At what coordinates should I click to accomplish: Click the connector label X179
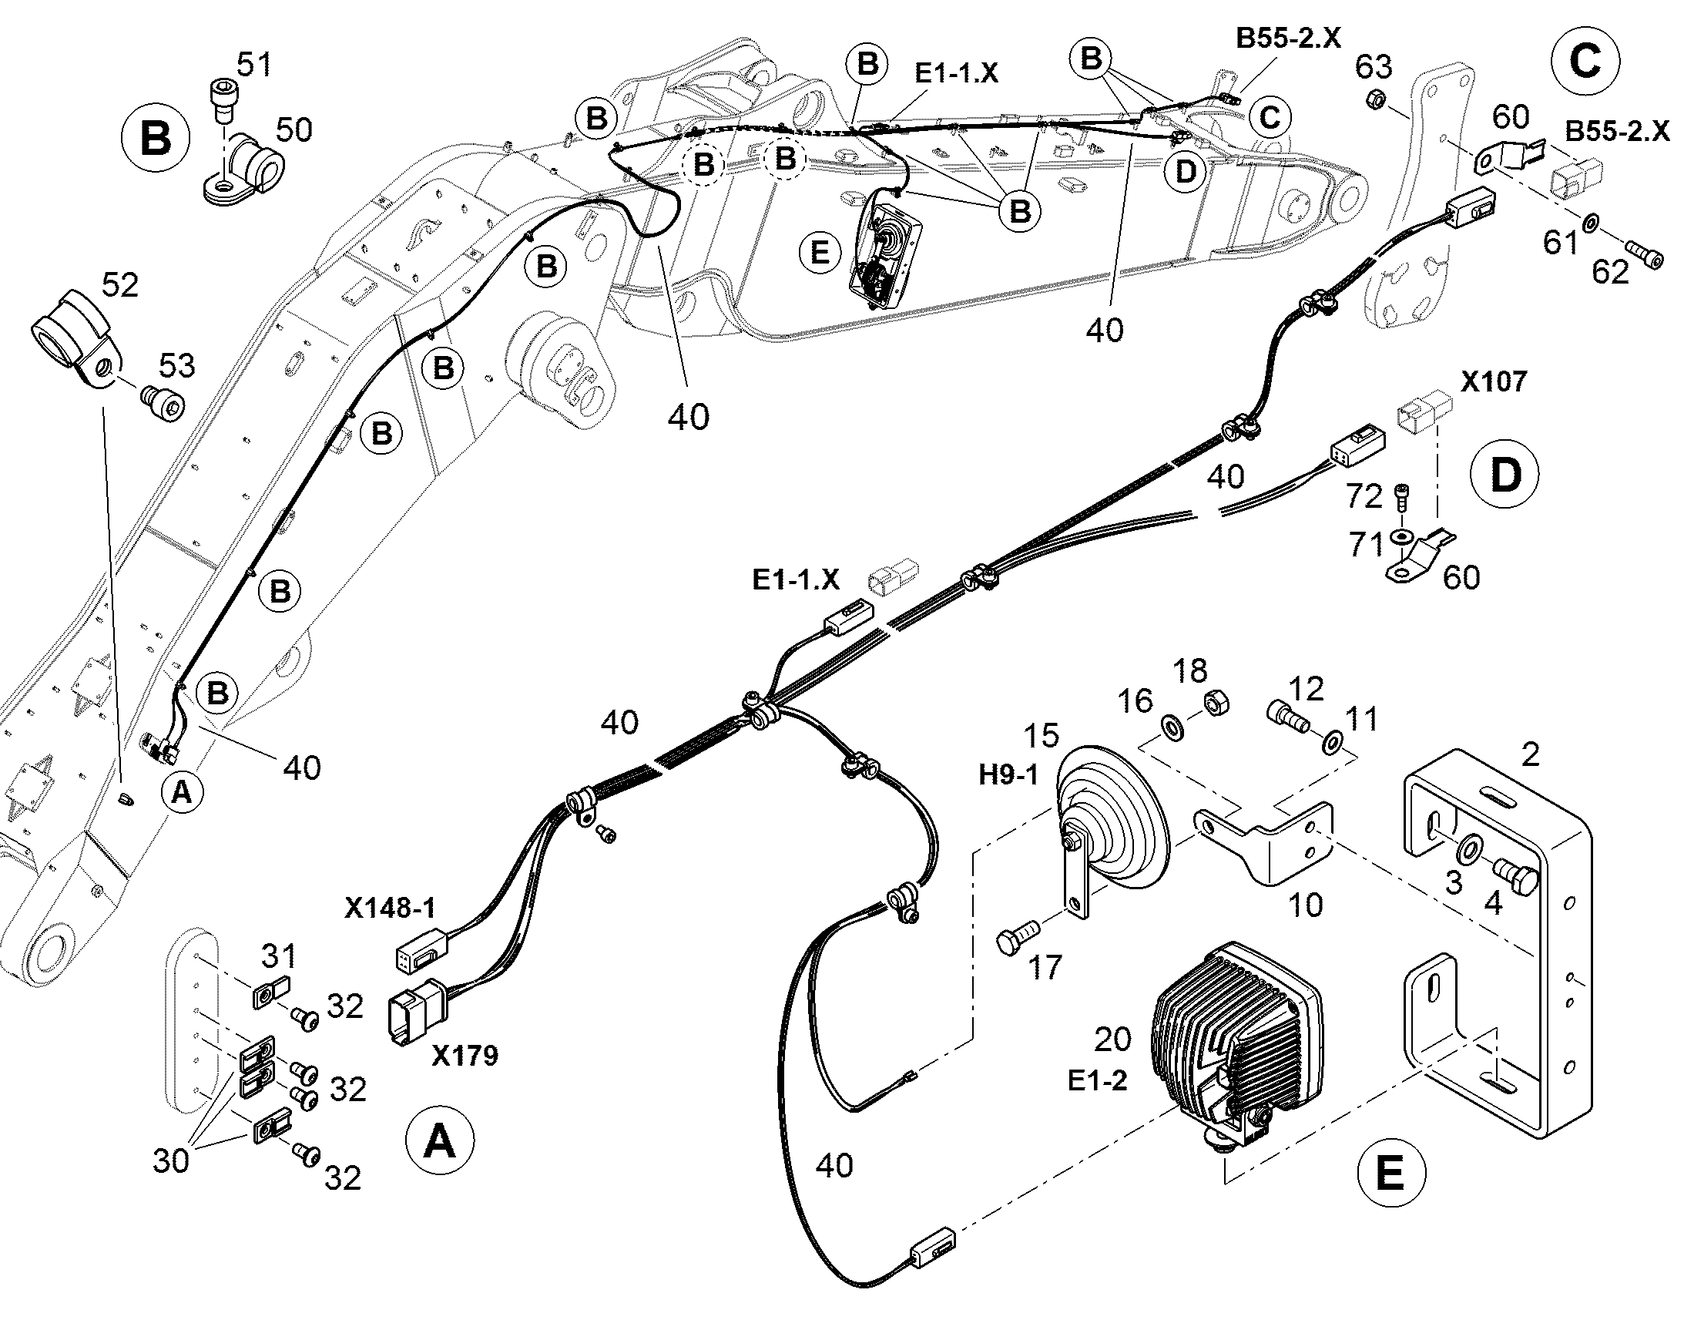click(465, 1055)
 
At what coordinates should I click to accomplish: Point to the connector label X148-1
click(389, 908)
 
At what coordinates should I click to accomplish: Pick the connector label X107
click(1493, 381)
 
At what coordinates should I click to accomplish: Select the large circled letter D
click(1505, 475)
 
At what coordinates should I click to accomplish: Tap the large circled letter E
click(1390, 1174)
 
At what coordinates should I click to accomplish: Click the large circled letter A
click(441, 1140)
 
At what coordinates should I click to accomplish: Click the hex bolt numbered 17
click(1018, 939)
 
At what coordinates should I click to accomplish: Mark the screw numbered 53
click(164, 403)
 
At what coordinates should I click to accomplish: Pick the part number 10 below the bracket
click(1305, 904)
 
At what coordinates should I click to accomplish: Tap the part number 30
click(171, 1160)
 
